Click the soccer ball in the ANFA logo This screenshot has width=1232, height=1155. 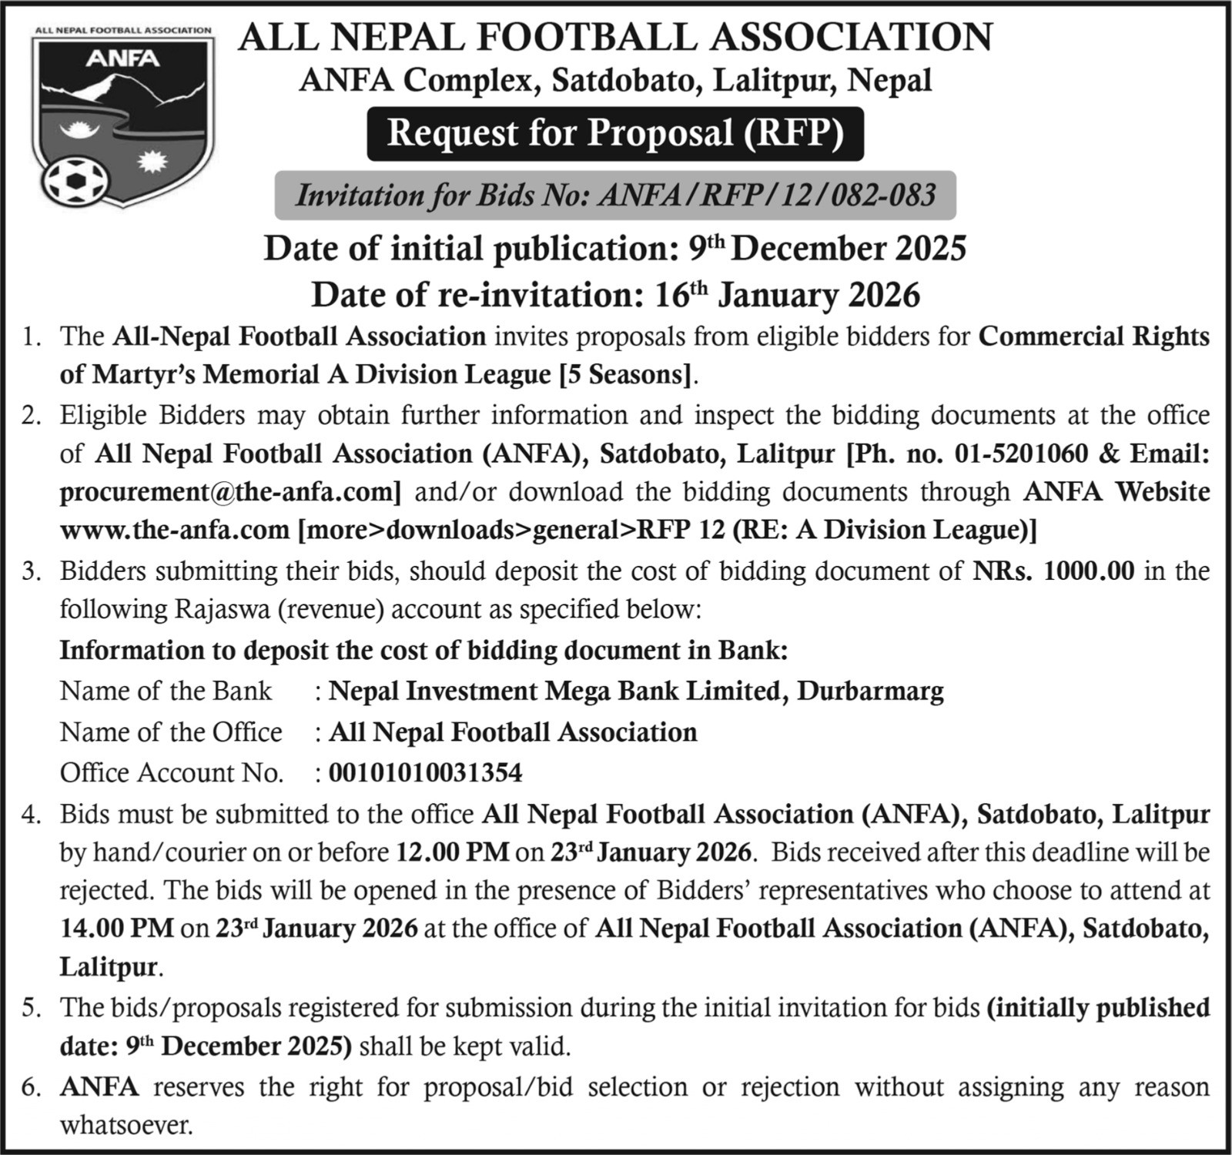pos(69,180)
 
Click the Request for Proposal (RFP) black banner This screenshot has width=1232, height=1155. pos(615,133)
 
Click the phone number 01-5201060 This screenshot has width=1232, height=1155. pos(1021,454)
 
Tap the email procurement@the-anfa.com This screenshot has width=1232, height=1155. pos(230,492)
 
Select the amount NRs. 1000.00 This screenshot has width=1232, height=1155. pos(1053,571)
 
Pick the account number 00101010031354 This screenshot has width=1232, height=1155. pos(425,772)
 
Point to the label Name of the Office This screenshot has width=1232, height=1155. pos(171,731)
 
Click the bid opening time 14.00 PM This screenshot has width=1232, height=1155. pos(116,928)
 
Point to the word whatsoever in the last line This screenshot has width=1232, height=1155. pos(125,1125)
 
